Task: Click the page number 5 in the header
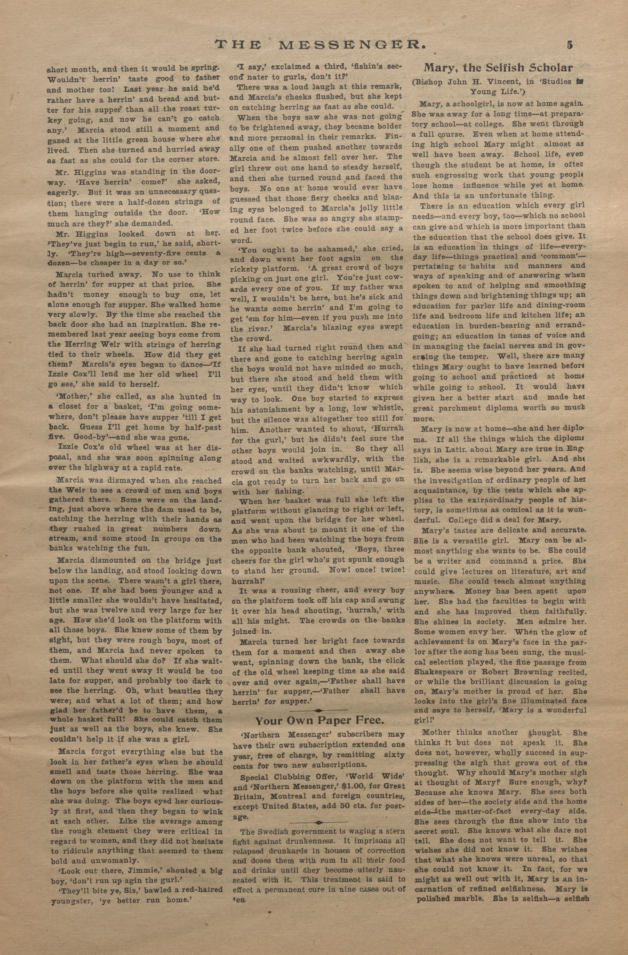tap(570, 45)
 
